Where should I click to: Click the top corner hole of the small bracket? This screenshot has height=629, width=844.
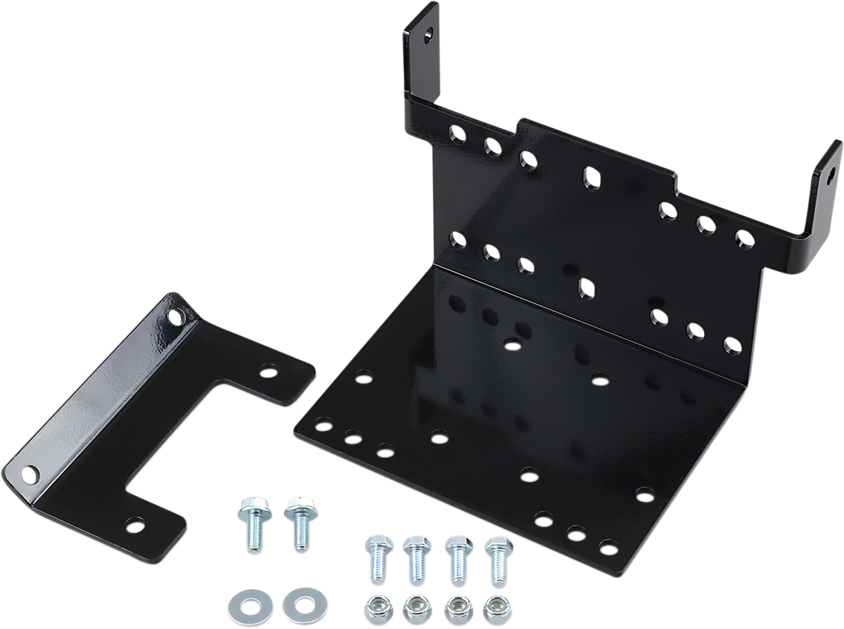pos(174,317)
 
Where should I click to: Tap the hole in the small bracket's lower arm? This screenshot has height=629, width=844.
pos(135,523)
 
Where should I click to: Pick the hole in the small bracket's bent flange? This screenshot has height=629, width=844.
pos(29,474)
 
